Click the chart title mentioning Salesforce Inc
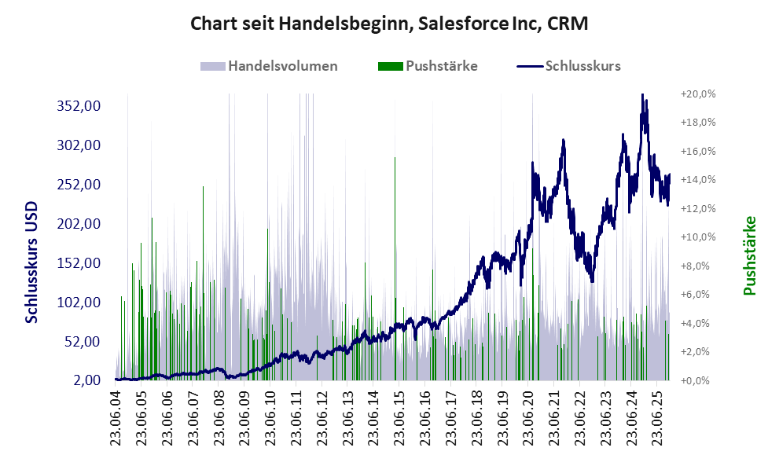click(x=389, y=24)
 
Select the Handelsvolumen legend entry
click(x=270, y=66)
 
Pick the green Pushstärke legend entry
click(x=428, y=66)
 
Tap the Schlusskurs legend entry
click(x=569, y=66)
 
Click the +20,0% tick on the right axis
click(x=697, y=94)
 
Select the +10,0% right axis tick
click(x=697, y=237)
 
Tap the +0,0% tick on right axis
click(x=699, y=380)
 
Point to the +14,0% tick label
click(x=697, y=180)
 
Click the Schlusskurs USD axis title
click(x=31, y=262)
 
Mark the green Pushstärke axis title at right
click(x=749, y=256)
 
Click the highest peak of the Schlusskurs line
click(x=643, y=95)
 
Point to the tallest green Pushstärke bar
click(x=395, y=158)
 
